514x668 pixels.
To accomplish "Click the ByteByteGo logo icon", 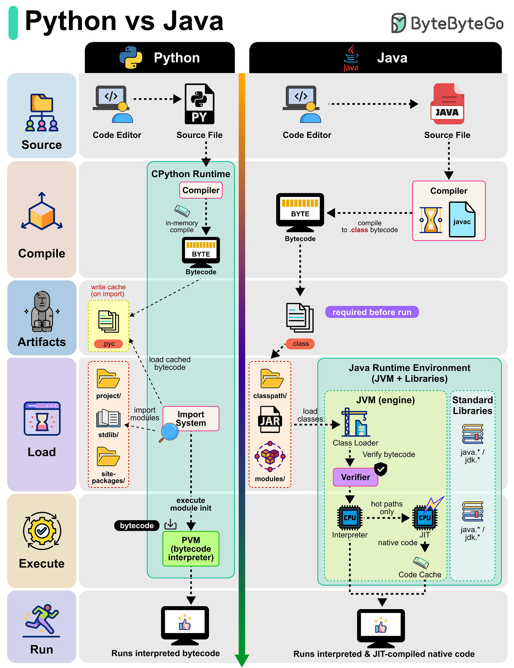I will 399,23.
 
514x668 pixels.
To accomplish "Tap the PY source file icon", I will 199,104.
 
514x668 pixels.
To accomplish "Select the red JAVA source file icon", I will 448,104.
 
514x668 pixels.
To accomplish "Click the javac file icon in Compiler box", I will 462,219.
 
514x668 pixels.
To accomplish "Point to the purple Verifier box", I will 355,477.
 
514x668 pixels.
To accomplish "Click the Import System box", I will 191,419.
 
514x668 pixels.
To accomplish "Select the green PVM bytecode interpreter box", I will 191,549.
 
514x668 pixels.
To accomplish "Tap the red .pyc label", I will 108,344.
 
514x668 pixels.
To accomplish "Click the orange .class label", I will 300,344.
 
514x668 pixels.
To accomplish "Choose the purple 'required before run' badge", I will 372,312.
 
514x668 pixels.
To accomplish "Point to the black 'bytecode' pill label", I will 137,525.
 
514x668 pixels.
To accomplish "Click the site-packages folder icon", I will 108,457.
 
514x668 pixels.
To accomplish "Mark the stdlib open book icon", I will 108,419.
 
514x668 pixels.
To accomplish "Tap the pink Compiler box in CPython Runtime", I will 201,190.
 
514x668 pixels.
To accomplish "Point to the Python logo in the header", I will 131,58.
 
